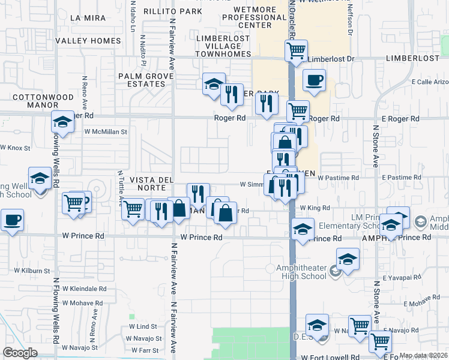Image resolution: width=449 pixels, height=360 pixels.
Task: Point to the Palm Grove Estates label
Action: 142,80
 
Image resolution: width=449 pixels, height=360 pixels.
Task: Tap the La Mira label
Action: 83,17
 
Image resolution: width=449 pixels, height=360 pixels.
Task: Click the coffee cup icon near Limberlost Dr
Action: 314,80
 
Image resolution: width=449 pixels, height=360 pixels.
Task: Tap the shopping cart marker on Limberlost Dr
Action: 296,51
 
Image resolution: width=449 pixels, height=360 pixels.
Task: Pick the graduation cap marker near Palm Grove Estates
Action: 213,85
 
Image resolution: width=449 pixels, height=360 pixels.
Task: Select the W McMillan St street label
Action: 106,131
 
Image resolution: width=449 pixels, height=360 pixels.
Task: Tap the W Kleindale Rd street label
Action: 85,289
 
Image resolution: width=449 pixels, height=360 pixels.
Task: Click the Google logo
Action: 20,353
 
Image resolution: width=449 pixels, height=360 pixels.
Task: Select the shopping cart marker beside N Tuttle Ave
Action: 133,209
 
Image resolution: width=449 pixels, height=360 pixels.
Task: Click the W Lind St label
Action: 143,326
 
